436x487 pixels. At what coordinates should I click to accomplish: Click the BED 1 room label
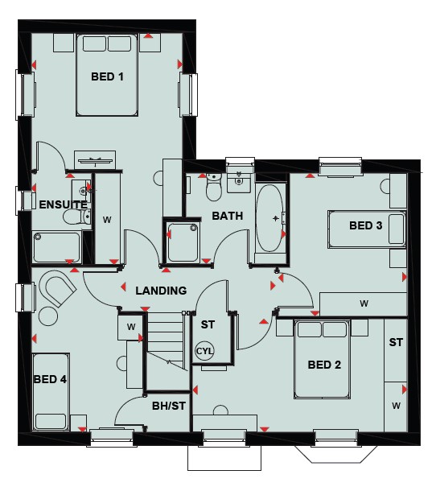(107, 76)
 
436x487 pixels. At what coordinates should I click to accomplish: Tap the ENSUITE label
(63, 204)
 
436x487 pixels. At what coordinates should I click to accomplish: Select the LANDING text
(161, 291)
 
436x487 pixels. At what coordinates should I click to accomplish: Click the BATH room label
(227, 216)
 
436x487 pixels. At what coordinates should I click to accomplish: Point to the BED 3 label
(365, 225)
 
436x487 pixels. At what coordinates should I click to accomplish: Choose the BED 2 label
(324, 365)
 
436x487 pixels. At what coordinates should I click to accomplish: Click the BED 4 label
(50, 379)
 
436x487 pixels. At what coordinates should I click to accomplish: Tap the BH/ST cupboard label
(169, 406)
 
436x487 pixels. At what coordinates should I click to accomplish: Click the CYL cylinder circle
(205, 351)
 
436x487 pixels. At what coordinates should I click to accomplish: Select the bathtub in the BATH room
(270, 218)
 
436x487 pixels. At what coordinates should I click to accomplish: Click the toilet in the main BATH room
(213, 186)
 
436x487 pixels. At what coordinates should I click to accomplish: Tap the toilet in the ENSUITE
(76, 217)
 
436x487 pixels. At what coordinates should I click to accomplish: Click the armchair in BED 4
(58, 287)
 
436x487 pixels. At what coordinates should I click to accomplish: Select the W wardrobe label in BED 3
(364, 303)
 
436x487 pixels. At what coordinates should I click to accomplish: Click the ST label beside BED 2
(396, 342)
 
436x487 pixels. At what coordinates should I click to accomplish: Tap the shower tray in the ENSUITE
(56, 247)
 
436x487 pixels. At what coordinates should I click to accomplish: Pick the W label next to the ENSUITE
(107, 220)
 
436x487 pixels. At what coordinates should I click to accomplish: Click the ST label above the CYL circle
(208, 324)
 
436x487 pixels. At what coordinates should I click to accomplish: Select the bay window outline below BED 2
(336, 454)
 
